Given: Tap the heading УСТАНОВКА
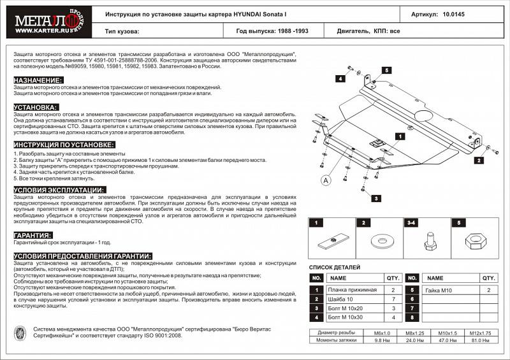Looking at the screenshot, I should (36, 107).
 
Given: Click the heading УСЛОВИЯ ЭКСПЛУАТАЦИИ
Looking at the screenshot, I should (59, 190).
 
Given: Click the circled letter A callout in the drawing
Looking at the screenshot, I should (326, 180).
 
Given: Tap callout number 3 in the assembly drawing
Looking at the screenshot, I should (377, 199).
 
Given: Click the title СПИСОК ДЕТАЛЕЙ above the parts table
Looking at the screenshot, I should (335, 267).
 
